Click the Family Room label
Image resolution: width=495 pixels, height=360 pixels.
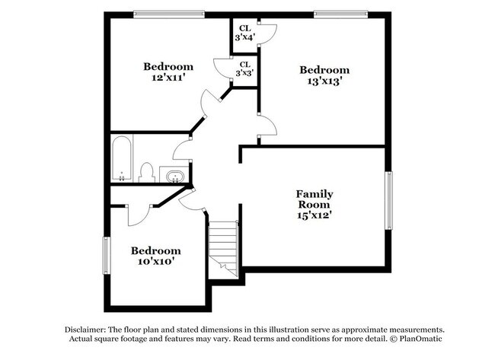click(x=315, y=199)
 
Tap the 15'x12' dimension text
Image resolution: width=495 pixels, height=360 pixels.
click(x=315, y=215)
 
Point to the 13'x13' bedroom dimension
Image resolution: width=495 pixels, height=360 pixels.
click(x=324, y=81)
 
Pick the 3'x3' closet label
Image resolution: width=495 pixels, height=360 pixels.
click(x=244, y=69)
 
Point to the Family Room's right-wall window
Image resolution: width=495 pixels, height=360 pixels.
click(x=388, y=199)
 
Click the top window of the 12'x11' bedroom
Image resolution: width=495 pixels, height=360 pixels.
click(x=168, y=12)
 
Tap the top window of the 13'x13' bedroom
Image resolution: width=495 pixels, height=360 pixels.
click(x=341, y=12)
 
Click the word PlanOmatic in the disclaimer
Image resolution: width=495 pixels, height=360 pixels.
click(x=418, y=338)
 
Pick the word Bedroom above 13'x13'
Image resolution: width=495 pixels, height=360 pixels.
click(x=324, y=69)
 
